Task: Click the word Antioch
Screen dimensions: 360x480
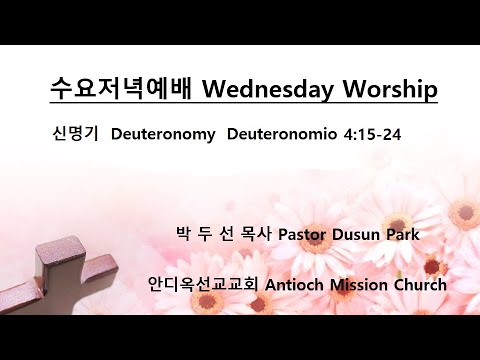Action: pos(299,284)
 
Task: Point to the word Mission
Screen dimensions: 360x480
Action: pos(363,284)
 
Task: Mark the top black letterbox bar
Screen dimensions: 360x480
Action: pos(240,22)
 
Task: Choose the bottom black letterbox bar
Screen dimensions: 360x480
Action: pos(240,337)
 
